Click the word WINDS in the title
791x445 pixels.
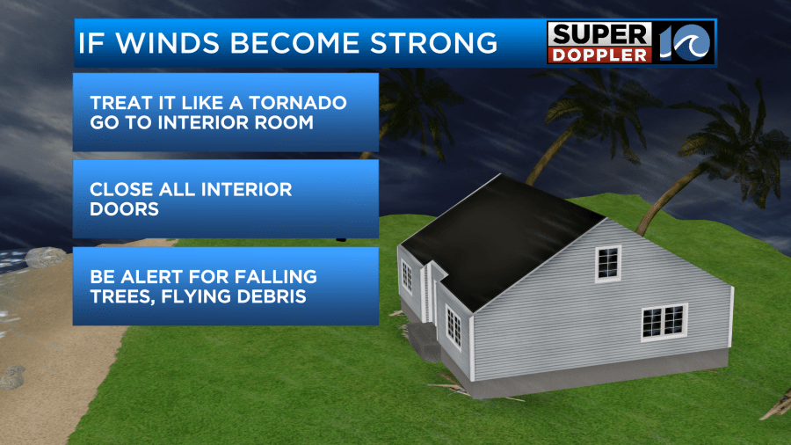168,43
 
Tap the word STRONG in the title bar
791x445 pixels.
434,43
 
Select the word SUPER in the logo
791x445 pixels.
599,35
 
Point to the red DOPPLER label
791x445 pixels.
599,55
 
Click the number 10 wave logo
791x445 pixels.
685,42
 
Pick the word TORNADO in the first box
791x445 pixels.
298,103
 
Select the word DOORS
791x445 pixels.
124,209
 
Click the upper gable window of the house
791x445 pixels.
608,263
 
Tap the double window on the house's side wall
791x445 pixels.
664,323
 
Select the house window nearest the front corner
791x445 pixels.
453,328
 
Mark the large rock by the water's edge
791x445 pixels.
46,258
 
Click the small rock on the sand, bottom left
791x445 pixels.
12,377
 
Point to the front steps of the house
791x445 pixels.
425,340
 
